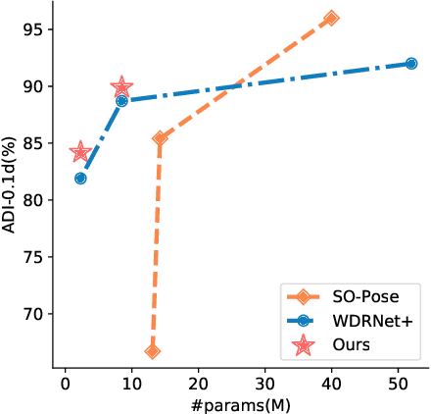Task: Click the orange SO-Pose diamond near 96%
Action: point(331,18)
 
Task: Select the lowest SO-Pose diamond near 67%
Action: point(152,351)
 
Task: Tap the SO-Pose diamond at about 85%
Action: point(160,138)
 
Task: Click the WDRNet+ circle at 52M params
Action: point(411,63)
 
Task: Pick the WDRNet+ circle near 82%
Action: point(80,179)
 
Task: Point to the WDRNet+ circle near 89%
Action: point(121,100)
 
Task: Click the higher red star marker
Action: point(121,87)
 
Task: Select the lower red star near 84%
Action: point(80,152)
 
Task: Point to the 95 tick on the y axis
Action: point(35,29)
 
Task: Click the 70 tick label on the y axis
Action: point(35,314)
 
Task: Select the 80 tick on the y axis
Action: point(35,200)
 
